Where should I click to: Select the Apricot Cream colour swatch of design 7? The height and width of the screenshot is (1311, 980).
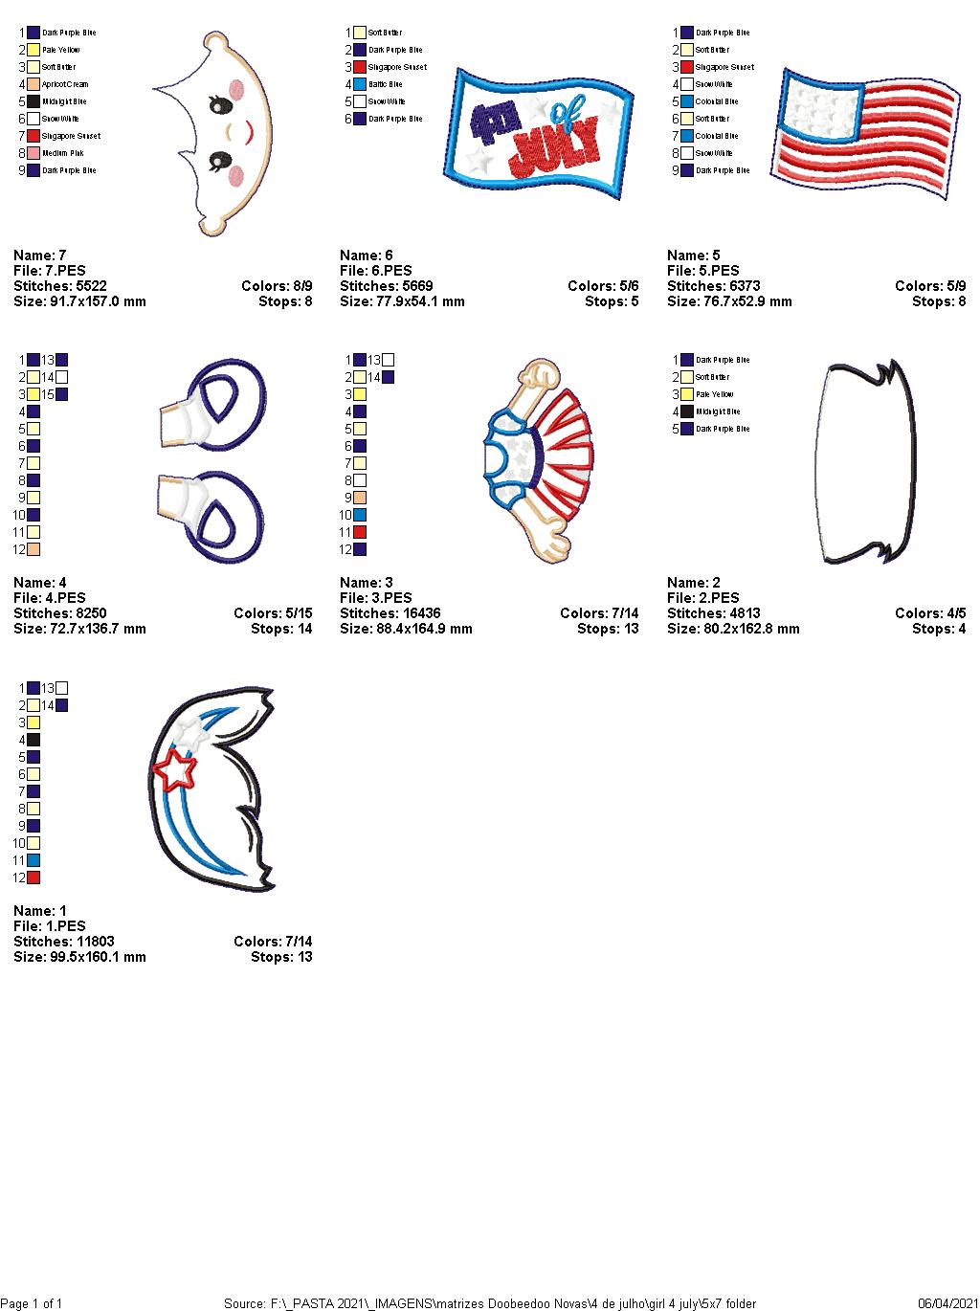33,84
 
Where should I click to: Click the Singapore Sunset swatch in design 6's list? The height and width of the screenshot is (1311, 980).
360,67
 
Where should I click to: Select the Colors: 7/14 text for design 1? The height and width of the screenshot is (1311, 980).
273,942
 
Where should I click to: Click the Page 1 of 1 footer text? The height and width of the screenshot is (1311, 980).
32,1303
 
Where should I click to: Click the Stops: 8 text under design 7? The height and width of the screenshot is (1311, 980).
285,301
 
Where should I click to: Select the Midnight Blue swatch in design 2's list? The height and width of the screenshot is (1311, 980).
687,411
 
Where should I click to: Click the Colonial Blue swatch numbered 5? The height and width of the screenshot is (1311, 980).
687,101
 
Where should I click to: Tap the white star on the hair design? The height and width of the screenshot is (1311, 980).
190,732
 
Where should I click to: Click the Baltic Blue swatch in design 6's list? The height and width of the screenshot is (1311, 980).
360,84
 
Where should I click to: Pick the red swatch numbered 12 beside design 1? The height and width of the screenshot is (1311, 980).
33,878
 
